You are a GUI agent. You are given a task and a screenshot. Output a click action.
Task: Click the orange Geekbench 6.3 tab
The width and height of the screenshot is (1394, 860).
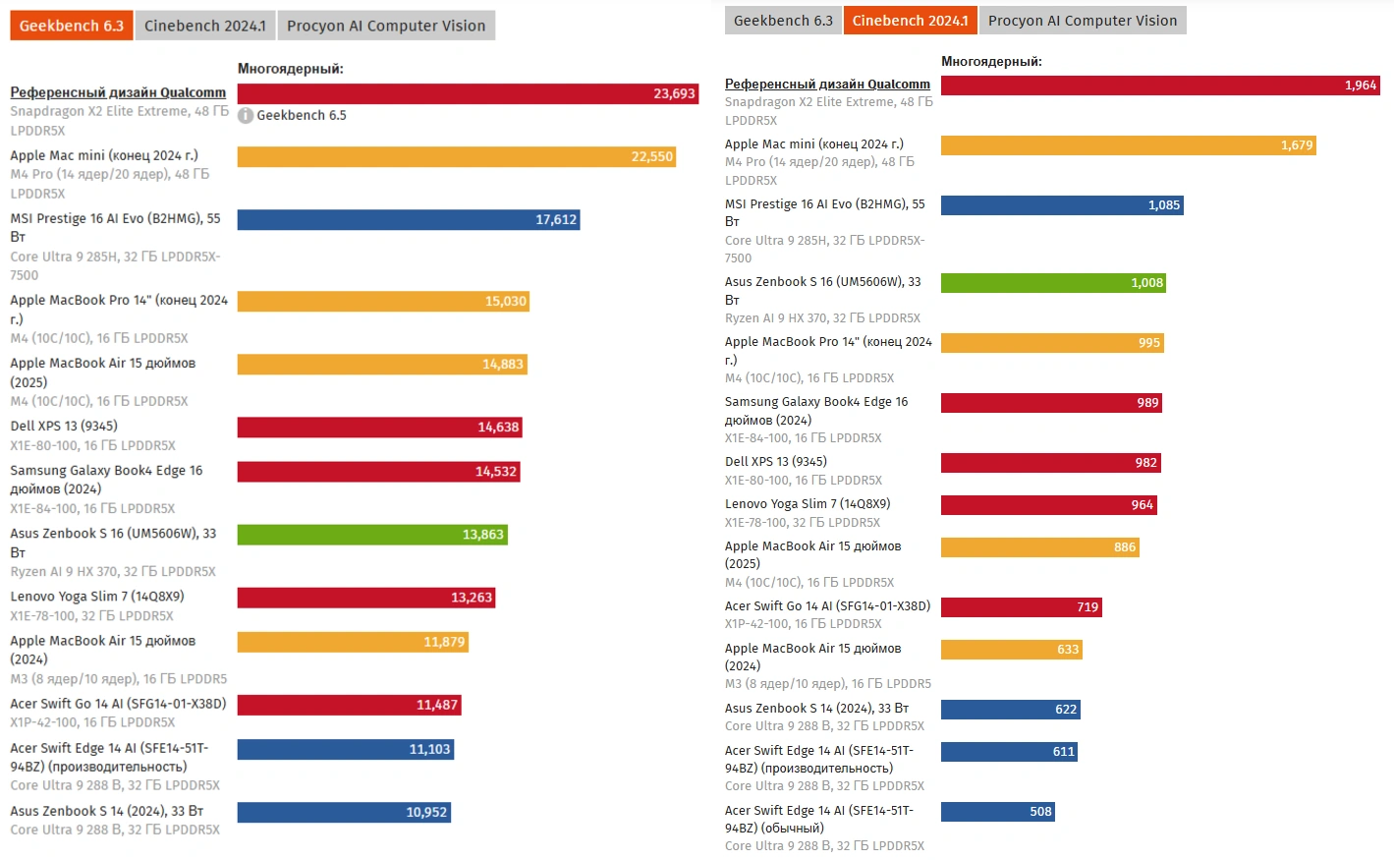pos(72,26)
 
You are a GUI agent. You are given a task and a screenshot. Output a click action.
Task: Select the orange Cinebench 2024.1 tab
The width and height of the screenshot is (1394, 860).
pos(910,21)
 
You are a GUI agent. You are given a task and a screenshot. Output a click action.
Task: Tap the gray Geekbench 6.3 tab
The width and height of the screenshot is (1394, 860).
pos(783,21)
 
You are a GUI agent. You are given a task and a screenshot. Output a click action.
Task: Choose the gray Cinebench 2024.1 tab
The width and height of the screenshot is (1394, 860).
pos(204,26)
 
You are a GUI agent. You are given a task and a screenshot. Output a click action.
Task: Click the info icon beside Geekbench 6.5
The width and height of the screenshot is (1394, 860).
pos(246,116)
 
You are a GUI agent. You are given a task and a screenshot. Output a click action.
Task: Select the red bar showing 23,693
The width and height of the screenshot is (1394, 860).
pos(467,93)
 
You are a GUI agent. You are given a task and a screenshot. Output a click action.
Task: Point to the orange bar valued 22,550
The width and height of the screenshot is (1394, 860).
pos(456,156)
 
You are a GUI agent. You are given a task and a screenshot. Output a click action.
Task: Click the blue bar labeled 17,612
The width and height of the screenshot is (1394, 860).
pos(408,219)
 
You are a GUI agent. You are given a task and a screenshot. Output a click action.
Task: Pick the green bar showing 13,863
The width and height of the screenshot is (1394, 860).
pos(371,535)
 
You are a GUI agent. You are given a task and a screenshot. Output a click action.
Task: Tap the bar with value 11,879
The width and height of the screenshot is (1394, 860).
pos(352,642)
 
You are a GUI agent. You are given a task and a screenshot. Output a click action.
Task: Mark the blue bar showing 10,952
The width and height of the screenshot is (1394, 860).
pos(343,812)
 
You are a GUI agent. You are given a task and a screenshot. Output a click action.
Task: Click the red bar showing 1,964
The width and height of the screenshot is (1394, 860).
pos(1159,86)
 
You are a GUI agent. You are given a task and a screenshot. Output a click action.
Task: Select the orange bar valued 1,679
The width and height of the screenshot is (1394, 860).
pos(1128,145)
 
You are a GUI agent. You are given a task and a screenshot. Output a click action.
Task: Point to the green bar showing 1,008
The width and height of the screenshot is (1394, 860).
pos(1053,283)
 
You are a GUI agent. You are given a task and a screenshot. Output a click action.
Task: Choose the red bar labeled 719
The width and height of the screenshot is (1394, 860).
pos(1021,607)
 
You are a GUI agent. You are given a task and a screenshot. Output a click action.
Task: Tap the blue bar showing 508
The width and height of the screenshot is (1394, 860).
pos(997,812)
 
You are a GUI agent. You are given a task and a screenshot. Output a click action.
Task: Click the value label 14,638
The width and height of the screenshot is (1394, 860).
pos(498,427)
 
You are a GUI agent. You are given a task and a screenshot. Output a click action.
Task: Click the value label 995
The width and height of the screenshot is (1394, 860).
pos(1149,343)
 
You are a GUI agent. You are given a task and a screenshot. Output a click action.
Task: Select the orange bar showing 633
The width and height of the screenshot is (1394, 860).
pos(1011,650)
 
